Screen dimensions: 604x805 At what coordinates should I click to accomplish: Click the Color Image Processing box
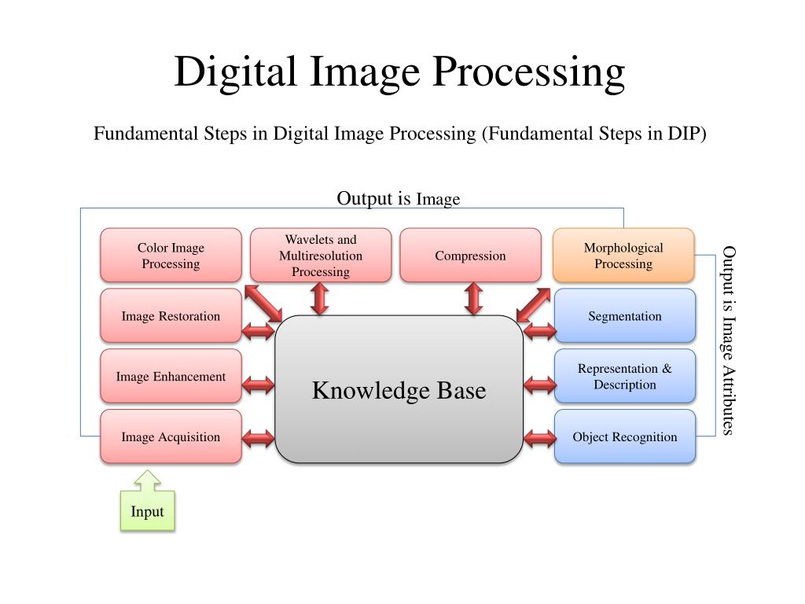[x=171, y=256]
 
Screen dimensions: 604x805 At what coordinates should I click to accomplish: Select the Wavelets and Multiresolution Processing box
[x=321, y=256]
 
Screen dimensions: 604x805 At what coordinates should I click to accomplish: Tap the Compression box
[x=470, y=256]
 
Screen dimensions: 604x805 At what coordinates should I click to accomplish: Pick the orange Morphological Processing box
[x=623, y=256]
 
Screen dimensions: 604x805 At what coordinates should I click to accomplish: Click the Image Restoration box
[x=171, y=316]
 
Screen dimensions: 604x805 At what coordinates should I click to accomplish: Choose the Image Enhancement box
[x=171, y=377]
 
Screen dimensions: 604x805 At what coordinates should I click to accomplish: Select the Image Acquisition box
[x=171, y=436]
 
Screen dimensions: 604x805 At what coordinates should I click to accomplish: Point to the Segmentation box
[x=625, y=316]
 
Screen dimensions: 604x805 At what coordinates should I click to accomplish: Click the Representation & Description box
[x=625, y=377]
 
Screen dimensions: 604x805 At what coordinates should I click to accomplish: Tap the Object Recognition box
[x=625, y=436]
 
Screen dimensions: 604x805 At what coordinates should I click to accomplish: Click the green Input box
[x=147, y=511]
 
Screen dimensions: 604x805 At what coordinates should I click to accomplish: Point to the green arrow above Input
[x=147, y=479]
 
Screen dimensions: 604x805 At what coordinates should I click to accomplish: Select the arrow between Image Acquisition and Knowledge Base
[x=259, y=437]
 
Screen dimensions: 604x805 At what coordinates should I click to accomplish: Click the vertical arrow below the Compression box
[x=473, y=300]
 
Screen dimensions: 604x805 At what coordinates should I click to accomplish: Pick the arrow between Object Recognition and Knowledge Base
[x=539, y=437]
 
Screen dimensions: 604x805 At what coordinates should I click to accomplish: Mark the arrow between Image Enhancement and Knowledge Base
[x=259, y=385]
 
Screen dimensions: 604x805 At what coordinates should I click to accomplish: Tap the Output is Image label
[x=398, y=198]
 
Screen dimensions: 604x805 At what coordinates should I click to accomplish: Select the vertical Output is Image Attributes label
[x=729, y=340]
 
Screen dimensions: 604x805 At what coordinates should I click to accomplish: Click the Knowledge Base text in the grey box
[x=399, y=390]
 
